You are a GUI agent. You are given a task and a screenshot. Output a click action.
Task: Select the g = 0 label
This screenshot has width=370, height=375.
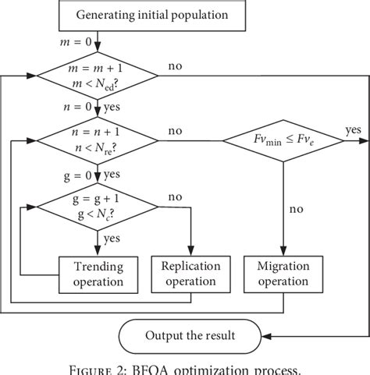[75, 173]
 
